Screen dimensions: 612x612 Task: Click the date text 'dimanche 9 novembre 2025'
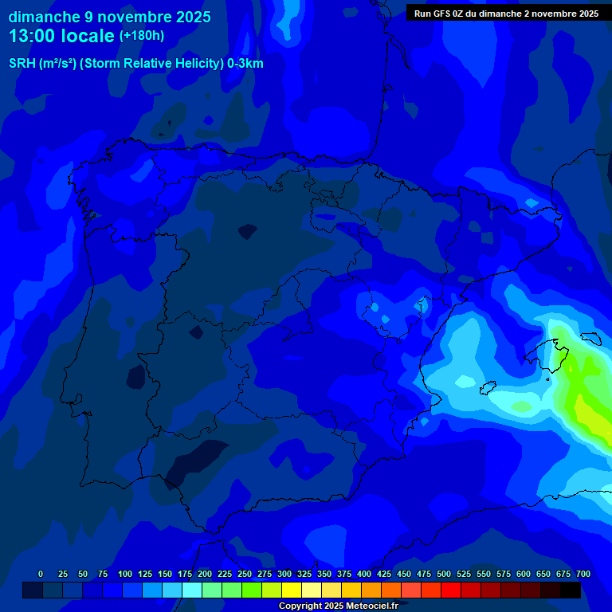pyautogui.click(x=109, y=17)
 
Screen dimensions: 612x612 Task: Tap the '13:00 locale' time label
pyautogui.click(x=61, y=36)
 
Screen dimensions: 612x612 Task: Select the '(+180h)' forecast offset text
pyautogui.click(x=141, y=36)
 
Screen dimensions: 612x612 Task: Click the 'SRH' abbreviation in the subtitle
pyautogui.click(x=22, y=64)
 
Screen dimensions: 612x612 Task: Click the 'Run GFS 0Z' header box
pyautogui.click(x=506, y=13)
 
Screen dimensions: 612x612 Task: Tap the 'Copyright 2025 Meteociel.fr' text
pyautogui.click(x=338, y=606)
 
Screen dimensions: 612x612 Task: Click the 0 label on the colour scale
pyautogui.click(x=41, y=574)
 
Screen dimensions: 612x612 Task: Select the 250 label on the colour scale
pyautogui.click(x=245, y=574)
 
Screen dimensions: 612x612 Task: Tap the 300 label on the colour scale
pyautogui.click(x=284, y=574)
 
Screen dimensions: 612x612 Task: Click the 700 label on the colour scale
pyautogui.click(x=583, y=574)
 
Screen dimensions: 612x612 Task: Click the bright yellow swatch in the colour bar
pyautogui.click(x=292, y=590)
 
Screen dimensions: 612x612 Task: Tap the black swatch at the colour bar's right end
pyautogui.click(x=571, y=590)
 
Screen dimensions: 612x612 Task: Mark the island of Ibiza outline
pyautogui.click(x=487, y=387)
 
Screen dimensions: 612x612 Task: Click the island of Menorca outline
pyautogui.click(x=589, y=338)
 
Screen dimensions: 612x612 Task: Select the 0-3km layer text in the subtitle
pyautogui.click(x=245, y=64)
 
